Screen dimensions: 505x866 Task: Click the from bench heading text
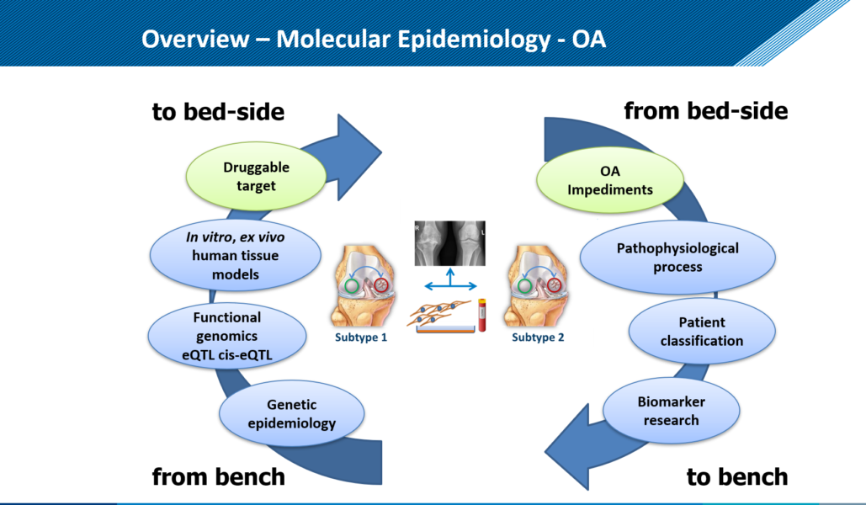[x=218, y=477]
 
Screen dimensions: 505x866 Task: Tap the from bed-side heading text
[x=705, y=111]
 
